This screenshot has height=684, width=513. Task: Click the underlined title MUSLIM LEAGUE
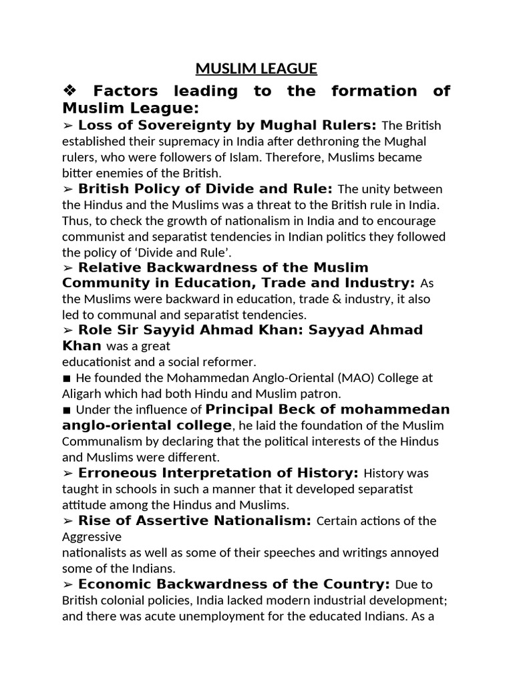coord(256,69)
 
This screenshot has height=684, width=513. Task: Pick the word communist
coord(94,236)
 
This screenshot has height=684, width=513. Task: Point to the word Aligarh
coord(85,393)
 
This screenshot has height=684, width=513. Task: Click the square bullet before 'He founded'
coord(67,378)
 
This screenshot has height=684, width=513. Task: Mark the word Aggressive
coord(92,536)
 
